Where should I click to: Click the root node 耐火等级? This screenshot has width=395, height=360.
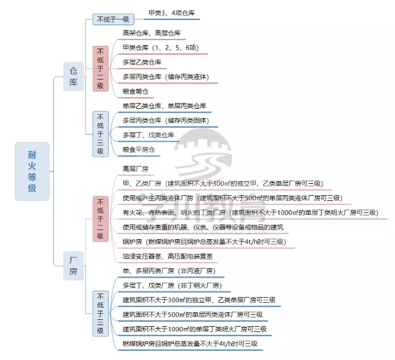coord(32,171)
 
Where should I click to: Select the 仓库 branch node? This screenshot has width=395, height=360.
coord(73,77)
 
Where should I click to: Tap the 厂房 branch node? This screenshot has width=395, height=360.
coord(73,266)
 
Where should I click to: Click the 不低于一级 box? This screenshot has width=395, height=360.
coord(113,19)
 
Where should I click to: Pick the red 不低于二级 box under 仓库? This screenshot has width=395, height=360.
coord(101,69)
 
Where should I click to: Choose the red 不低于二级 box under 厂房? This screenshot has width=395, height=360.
coord(101,219)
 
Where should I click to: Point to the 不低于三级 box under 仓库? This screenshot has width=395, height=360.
coord(101,134)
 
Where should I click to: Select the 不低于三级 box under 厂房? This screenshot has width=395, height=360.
coord(101,314)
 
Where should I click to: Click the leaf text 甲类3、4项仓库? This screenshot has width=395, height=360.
coord(171,13)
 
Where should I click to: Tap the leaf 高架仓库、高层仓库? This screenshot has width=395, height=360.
coord(151,33)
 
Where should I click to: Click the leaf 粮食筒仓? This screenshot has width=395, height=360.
coord(135,92)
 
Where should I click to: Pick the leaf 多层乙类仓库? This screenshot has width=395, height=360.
coord(142,62)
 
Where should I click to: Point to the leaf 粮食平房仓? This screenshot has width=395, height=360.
coord(138,149)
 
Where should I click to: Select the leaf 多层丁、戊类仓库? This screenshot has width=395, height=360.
coord(148,135)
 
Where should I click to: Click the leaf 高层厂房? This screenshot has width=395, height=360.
coord(135,168)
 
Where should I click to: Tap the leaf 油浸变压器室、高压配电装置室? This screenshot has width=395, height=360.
coord(167,256)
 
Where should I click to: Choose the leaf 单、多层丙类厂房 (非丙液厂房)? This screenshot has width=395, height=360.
coord(169,271)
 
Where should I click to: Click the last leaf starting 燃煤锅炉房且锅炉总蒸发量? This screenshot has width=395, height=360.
coord(190,343)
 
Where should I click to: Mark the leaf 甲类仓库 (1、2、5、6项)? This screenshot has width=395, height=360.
coord(161,48)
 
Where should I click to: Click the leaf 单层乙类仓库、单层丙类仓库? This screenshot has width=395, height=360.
coord(164,106)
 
